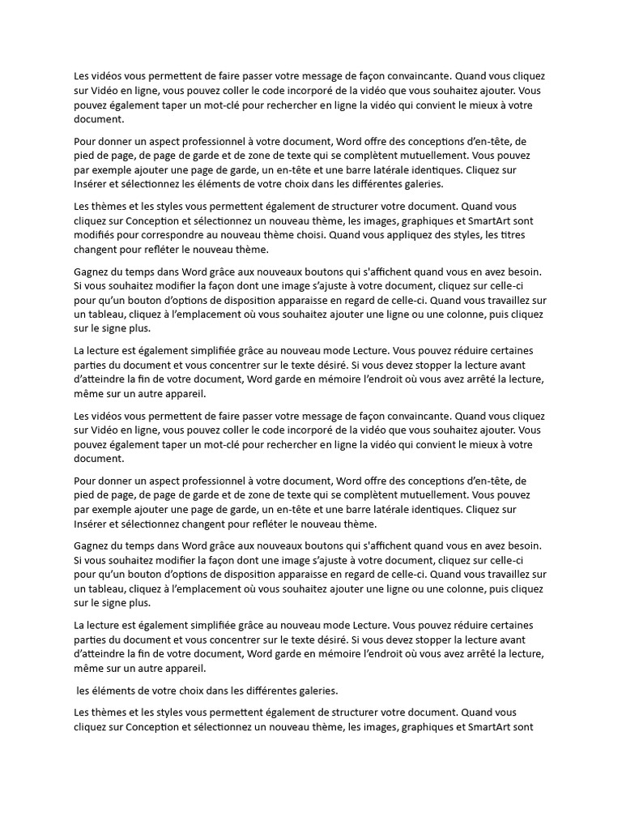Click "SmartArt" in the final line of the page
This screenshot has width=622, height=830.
(495, 725)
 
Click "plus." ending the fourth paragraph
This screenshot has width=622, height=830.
(138, 329)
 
